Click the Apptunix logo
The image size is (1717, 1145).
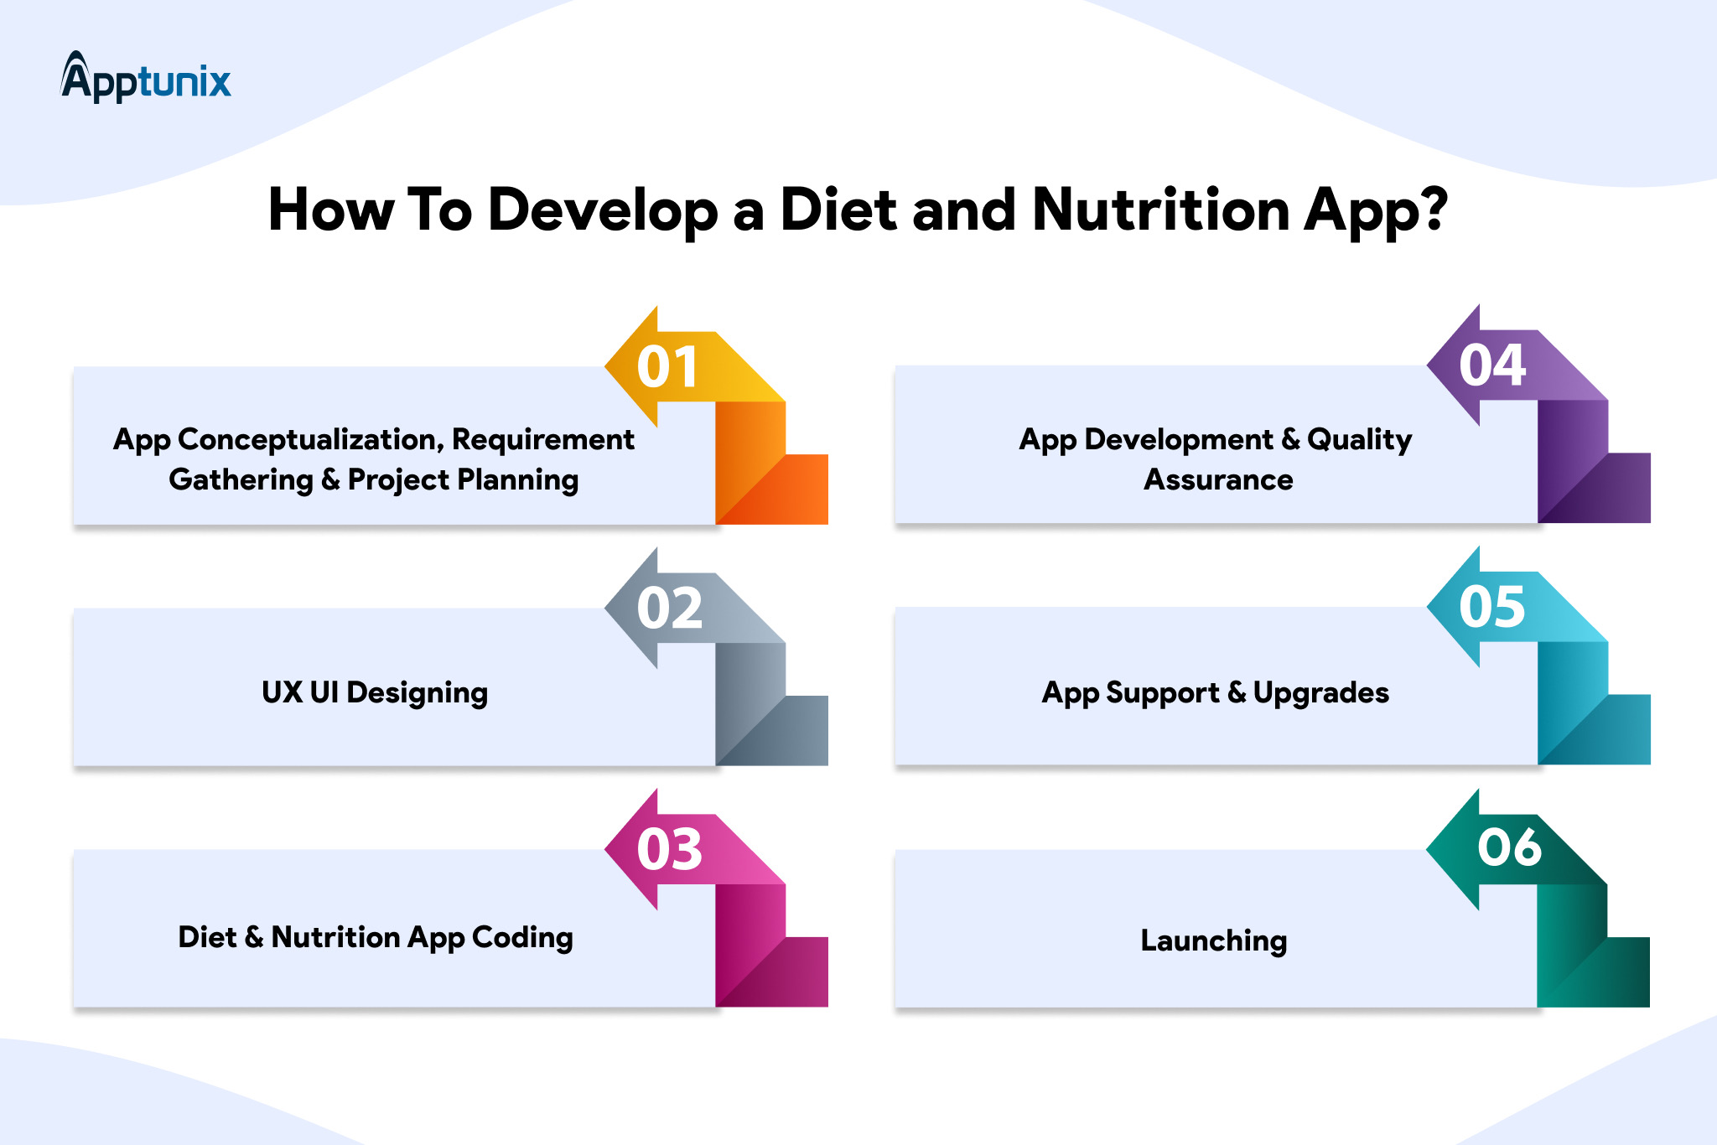point(146,77)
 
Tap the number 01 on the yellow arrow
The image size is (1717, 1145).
point(667,367)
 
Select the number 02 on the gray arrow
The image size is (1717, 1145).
point(669,609)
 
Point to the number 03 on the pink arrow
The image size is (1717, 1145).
point(669,850)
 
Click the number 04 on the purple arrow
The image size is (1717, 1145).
point(1492,365)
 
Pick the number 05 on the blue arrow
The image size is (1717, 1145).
point(1492,607)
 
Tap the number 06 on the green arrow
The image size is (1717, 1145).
point(1509,847)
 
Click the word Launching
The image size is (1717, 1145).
point(1214,941)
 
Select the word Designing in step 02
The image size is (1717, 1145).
point(417,693)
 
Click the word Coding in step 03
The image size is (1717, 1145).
point(522,938)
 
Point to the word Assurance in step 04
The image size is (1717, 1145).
point(1218,479)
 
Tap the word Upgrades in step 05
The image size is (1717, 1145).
point(1321,693)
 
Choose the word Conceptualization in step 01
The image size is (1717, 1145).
point(311,440)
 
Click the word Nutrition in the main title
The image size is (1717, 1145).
point(1161,210)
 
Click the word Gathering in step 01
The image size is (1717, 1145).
point(241,480)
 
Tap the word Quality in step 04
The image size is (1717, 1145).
point(1360,440)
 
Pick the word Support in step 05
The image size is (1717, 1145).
point(1162,693)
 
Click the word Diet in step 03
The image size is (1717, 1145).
point(208,937)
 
